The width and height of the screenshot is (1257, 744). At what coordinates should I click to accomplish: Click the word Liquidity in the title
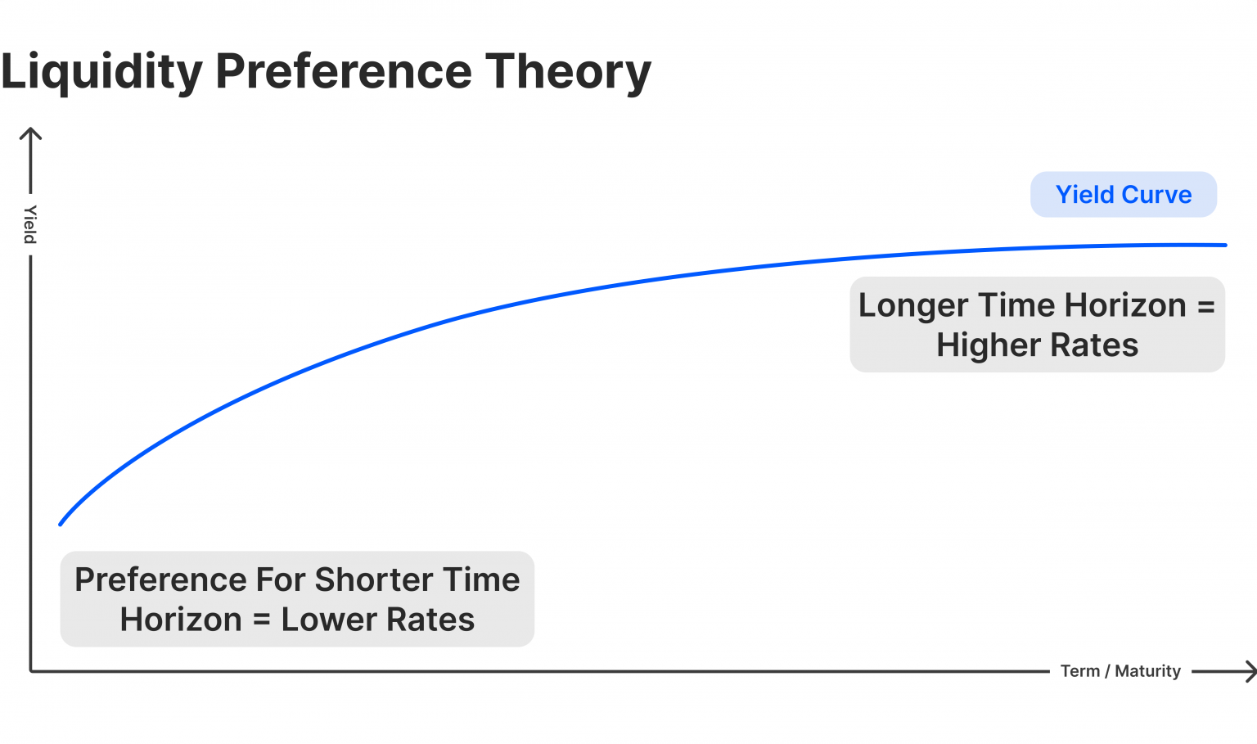coord(101,72)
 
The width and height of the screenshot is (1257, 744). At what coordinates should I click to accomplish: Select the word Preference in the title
coord(344,71)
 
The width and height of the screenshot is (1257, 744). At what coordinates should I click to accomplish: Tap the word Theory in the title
coord(569,72)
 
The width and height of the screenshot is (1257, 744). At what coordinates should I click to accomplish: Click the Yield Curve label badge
coord(1124,195)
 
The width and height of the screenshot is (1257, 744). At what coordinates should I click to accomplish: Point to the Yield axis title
coord(30,224)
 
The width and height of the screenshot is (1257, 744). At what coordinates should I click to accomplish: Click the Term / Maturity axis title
coord(1120,671)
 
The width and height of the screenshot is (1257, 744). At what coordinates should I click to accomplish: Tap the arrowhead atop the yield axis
coord(30,132)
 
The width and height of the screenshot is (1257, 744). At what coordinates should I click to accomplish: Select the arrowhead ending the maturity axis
coord(1250,672)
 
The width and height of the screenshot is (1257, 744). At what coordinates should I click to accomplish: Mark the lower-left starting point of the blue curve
coord(61,524)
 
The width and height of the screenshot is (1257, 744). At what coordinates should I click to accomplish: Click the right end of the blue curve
coord(1224,245)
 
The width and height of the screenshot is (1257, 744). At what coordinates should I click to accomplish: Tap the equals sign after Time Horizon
coord(1205,306)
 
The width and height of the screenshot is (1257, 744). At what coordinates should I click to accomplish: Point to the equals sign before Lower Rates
coord(262,620)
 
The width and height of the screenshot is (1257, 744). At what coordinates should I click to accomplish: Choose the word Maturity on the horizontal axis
coord(1147,671)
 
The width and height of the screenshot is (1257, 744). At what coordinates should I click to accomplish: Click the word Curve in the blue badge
coord(1156,195)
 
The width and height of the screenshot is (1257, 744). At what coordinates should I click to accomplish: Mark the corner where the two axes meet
coord(31,671)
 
